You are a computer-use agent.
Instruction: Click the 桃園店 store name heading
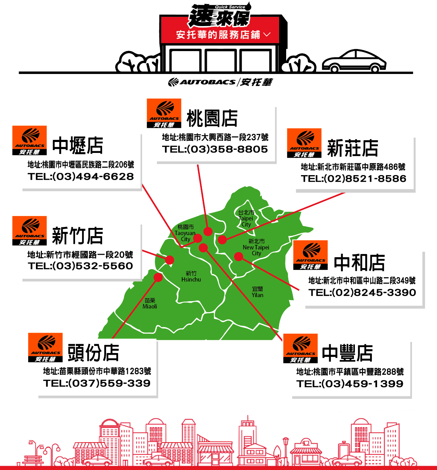pyautogui.click(x=212, y=118)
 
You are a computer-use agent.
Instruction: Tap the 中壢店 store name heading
pyautogui.click(x=78, y=145)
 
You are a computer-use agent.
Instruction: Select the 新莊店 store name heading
pyautogui.click(x=352, y=148)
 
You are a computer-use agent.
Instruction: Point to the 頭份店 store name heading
pyautogui.click(x=93, y=353)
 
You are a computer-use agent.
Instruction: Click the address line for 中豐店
pyautogui.click(x=350, y=372)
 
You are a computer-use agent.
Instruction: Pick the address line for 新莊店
pyautogui.click(x=353, y=167)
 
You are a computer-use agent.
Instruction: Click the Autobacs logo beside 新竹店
pyautogui.click(x=30, y=231)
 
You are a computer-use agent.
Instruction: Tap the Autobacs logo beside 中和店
pyautogui.click(x=310, y=255)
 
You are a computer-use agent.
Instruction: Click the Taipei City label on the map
pyautogui.click(x=246, y=218)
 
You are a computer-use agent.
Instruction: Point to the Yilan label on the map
pyautogui.click(x=257, y=292)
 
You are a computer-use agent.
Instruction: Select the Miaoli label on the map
pyautogui.click(x=150, y=303)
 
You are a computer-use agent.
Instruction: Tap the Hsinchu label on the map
pyautogui.click(x=191, y=277)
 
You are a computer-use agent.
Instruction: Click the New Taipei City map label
pyautogui.click(x=256, y=247)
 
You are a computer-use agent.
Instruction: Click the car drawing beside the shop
pyautogui.click(x=354, y=61)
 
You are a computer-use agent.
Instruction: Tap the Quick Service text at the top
pyautogui.click(x=230, y=7)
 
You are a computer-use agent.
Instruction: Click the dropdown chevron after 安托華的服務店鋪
pyautogui.click(x=267, y=35)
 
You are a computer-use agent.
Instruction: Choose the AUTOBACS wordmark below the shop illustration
pyautogui.click(x=208, y=82)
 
